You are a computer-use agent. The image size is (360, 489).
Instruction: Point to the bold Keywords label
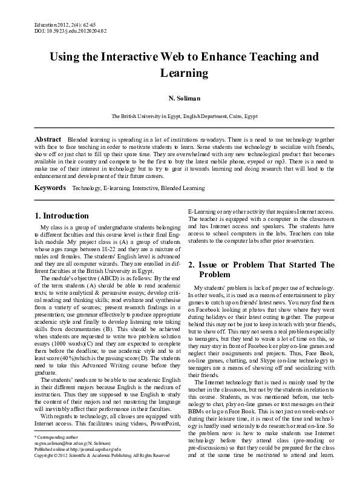tap(50, 188)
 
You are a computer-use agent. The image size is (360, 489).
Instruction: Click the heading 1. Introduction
tap(62, 215)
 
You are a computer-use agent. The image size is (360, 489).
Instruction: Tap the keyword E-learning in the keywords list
tap(117, 189)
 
